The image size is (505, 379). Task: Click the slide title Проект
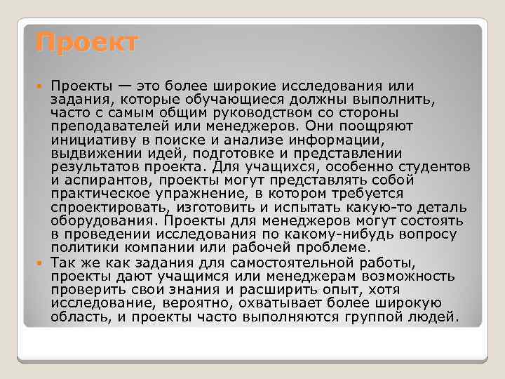click(88, 44)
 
